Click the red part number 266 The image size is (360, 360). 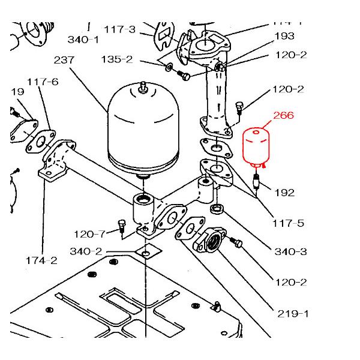tap(283, 116)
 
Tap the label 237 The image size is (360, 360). tap(65, 60)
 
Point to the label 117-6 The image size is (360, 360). tap(42, 82)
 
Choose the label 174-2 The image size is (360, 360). tap(41, 260)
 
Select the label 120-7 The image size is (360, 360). tap(89, 233)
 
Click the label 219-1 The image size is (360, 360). tap(293, 313)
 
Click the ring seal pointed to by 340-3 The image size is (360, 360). tap(217, 209)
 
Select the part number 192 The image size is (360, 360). tap(284, 193)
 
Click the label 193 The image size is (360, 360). tap(284, 36)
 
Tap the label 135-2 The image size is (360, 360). tap(134, 60)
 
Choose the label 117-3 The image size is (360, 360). tap(119, 29)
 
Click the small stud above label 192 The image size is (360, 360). tap(257, 179)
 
